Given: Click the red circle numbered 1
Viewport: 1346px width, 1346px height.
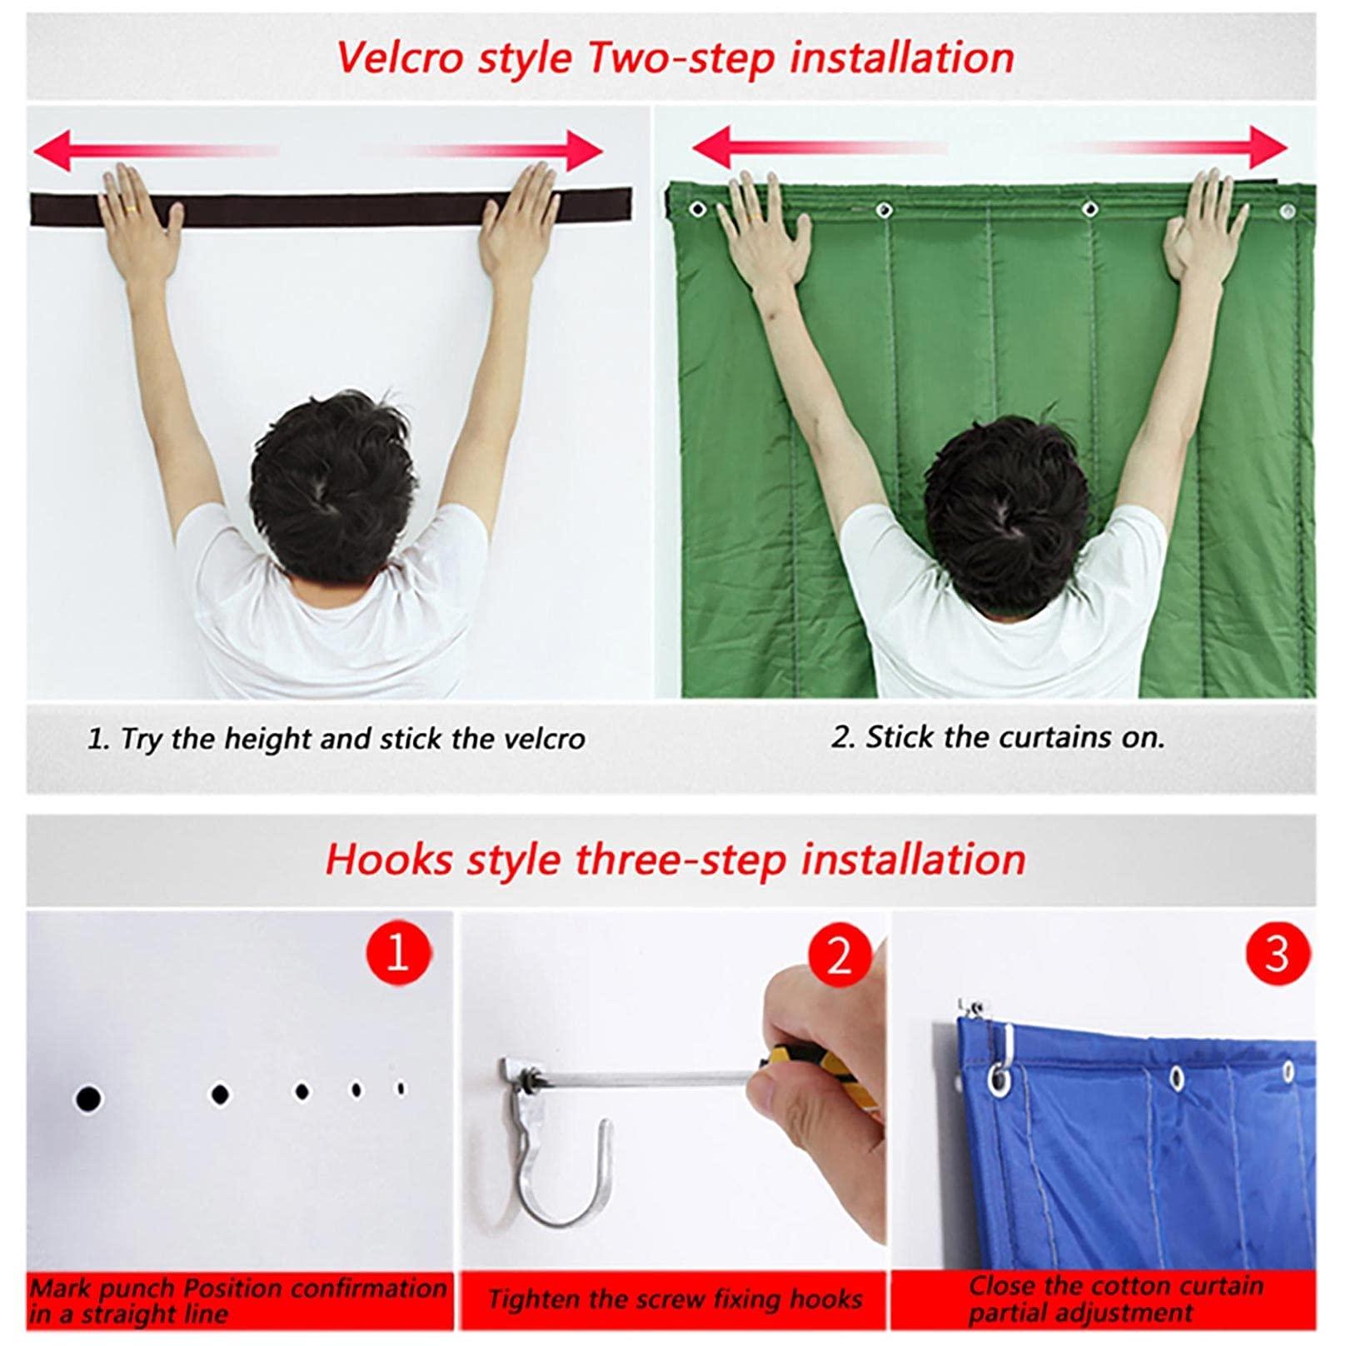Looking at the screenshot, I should (x=398, y=952).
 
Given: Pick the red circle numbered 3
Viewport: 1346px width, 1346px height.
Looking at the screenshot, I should (x=1276, y=953).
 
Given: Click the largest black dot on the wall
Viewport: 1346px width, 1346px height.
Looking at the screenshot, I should (x=87, y=1099).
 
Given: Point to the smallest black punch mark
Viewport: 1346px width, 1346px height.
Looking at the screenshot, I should (x=401, y=1088).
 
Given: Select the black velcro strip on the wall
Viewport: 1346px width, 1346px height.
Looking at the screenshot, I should (x=333, y=207).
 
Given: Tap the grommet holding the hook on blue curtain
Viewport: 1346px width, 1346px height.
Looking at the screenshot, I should (x=999, y=1081).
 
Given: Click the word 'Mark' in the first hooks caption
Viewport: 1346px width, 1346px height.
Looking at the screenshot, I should (x=61, y=1288).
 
